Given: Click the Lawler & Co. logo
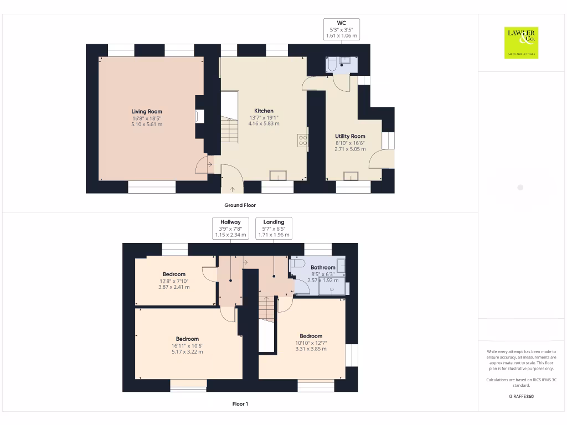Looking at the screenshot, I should [521, 43].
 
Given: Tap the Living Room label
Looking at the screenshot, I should [147, 111].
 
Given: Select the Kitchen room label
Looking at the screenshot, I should [264, 111].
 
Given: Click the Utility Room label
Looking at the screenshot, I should [350, 136].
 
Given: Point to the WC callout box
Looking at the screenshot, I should [341, 29].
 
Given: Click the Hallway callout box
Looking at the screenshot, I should [230, 229].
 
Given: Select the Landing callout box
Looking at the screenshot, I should [274, 229].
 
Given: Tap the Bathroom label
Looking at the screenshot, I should [323, 268].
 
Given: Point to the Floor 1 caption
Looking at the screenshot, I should [240, 404].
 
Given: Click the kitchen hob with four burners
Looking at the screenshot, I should [303, 141].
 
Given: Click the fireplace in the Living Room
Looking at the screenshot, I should [199, 116].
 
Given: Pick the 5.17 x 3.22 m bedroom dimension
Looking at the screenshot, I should [187, 351].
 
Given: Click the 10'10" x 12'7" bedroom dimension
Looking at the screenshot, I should [311, 343].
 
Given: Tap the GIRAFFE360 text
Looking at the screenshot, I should [521, 396].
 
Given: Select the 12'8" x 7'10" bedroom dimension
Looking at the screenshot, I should [174, 281].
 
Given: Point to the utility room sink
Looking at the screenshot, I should [350, 176].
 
